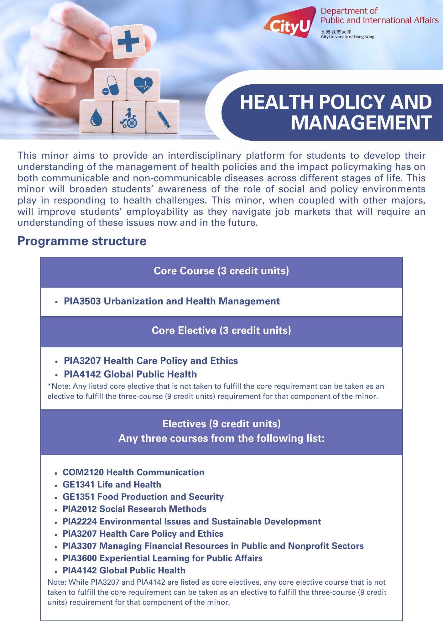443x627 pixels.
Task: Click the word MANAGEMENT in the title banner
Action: (x=361, y=123)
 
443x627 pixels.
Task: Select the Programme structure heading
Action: (x=82, y=241)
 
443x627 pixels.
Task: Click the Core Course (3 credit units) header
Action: (x=221, y=271)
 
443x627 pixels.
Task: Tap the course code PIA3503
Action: (x=82, y=301)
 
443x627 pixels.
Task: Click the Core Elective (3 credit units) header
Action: (x=221, y=330)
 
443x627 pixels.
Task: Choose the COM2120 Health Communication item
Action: (x=133, y=472)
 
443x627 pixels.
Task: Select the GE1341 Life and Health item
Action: (x=112, y=484)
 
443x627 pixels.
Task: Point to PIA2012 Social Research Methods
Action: (x=134, y=509)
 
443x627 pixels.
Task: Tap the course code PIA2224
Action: (x=80, y=521)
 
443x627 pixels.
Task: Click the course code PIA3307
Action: (x=80, y=546)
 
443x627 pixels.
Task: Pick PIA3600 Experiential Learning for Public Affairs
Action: (x=162, y=558)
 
